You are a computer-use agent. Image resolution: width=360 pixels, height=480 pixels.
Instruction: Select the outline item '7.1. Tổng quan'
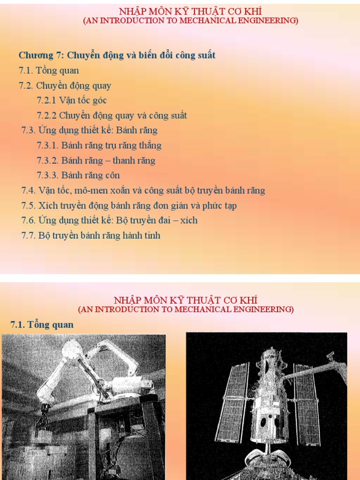tap(49, 71)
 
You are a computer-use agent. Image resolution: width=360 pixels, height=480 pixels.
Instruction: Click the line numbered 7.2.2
tap(112, 115)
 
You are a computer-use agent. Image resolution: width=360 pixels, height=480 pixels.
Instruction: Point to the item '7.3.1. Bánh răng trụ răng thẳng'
tap(99, 145)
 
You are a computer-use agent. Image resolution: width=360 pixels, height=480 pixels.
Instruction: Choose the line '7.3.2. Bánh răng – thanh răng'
tap(96, 160)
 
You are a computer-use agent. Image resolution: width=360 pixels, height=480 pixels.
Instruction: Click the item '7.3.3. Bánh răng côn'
tap(78, 175)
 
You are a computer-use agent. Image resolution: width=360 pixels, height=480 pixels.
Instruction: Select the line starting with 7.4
tap(143, 190)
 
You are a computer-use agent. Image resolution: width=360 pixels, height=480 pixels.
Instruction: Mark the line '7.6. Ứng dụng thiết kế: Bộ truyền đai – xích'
tap(109, 220)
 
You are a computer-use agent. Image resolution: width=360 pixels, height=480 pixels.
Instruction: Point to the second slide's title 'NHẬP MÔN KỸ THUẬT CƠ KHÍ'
tap(186, 300)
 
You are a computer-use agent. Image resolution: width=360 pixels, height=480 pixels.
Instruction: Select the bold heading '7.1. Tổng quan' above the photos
tap(42, 324)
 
